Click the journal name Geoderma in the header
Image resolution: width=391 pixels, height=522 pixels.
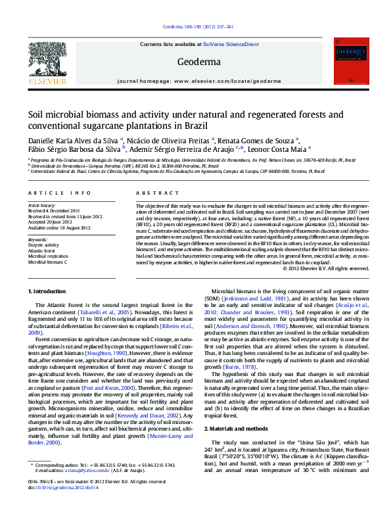tap(195, 62)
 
